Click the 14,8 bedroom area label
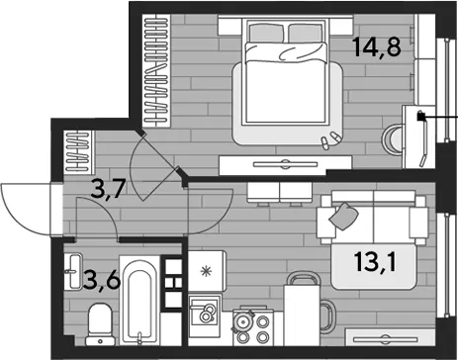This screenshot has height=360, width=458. coord(377,47)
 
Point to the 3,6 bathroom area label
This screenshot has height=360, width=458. coord(102,280)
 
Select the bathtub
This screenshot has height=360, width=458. coord(139,301)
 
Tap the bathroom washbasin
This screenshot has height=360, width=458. coord(74,272)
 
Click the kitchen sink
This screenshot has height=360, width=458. coord(205,311)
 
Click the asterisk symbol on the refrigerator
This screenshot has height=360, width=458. coord(207,272)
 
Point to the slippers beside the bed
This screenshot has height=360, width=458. coord(330,139)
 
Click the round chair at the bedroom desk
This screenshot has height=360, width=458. coord(392,139)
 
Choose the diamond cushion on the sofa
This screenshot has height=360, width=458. coord(343,216)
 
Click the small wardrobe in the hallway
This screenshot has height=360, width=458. coord(78,151)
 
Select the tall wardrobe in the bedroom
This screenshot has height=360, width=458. coord(156,70)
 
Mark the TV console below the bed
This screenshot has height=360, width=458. coord(286,165)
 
